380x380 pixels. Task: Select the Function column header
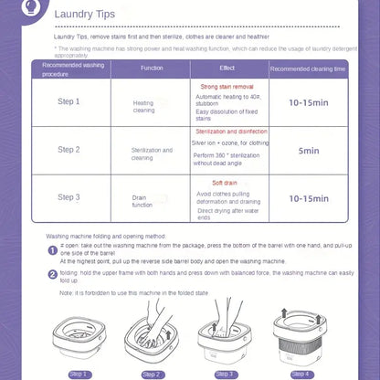coord(152,69)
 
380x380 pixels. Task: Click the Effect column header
coord(227,69)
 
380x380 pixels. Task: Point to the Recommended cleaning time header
coord(308,70)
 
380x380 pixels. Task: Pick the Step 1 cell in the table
coord(69,102)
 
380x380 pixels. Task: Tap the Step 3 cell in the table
coord(69,197)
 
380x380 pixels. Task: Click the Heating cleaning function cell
coord(143,107)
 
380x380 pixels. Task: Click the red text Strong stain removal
coord(227,85)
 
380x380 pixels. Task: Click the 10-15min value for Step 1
coord(308,103)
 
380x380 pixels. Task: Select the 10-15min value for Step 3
coord(308,198)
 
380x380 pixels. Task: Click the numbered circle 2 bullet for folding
coord(52,273)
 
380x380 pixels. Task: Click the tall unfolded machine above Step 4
coord(302,335)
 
